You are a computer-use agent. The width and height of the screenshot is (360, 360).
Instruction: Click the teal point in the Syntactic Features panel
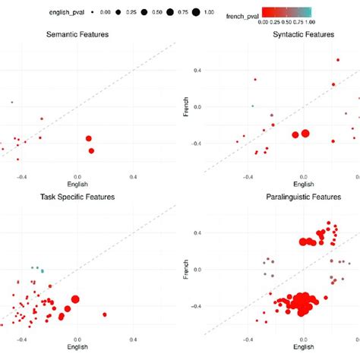[x=253, y=106]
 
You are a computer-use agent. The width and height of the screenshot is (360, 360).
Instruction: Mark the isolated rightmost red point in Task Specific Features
[x=105, y=314]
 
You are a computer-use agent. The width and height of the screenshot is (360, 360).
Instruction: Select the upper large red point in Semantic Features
[x=89, y=138]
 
